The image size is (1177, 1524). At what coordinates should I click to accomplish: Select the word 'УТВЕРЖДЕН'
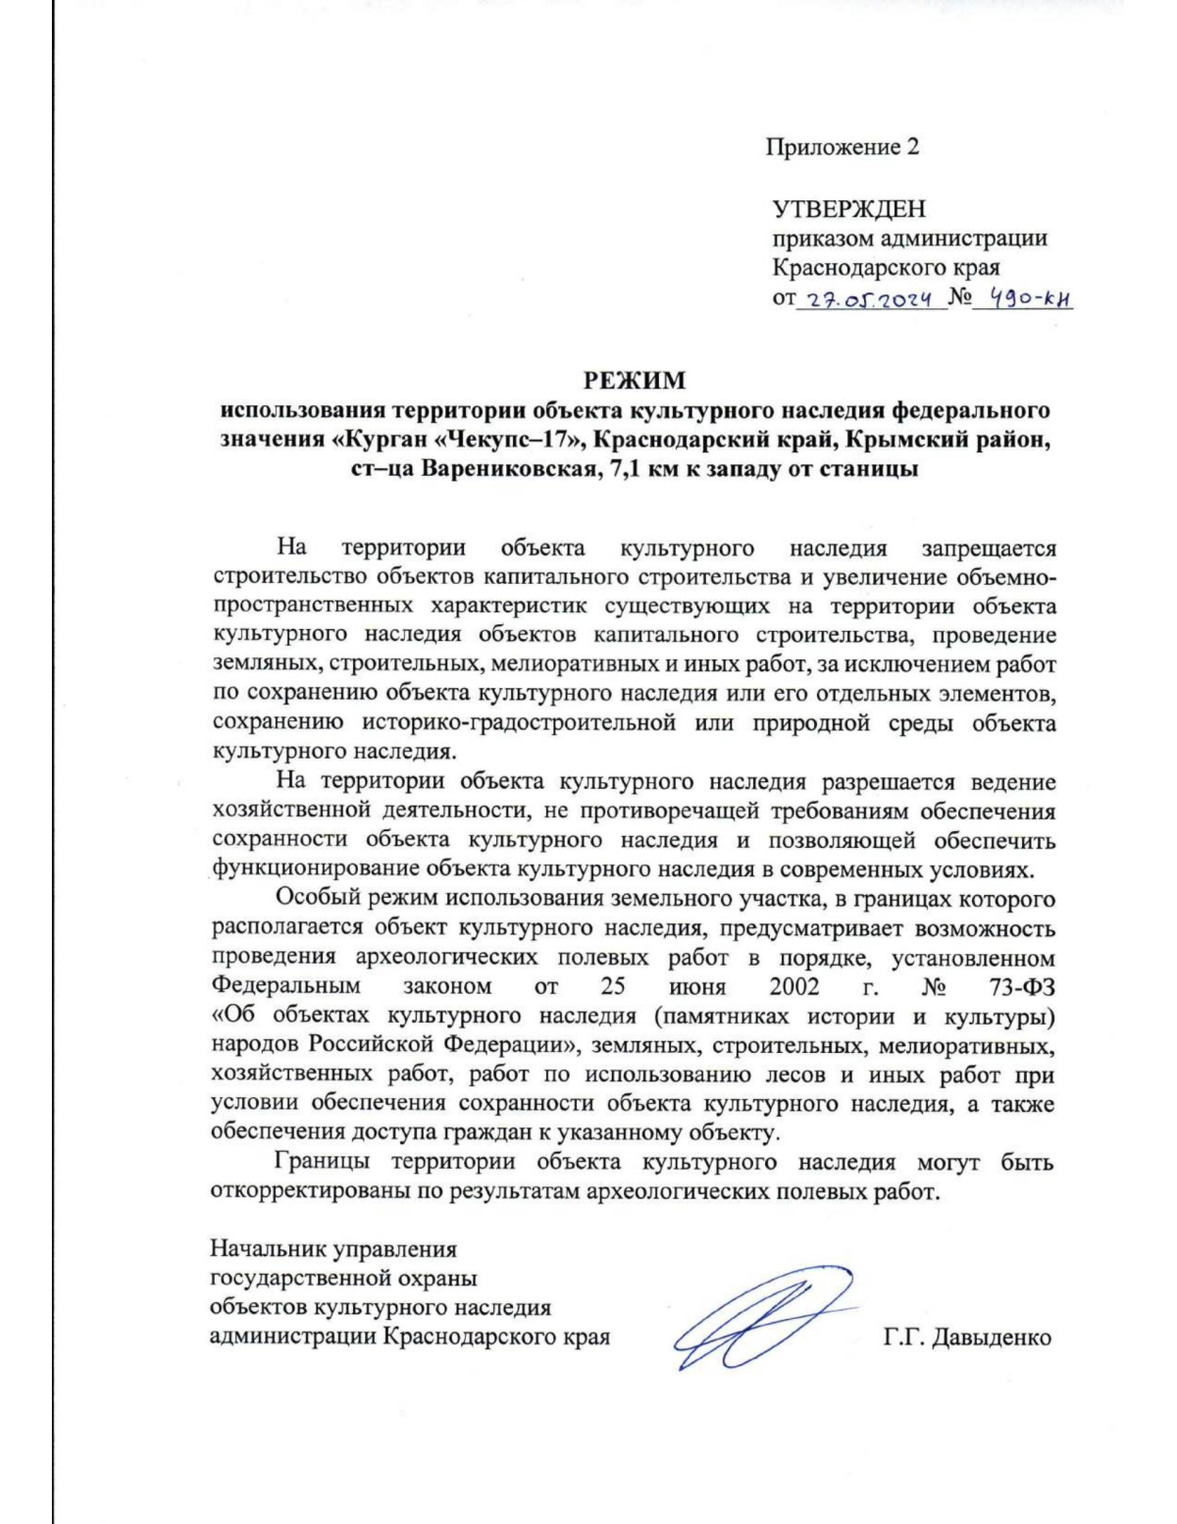(848, 209)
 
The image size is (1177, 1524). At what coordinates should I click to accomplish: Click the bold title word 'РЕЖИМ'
(635, 380)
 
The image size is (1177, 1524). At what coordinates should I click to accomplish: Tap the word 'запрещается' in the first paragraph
(988, 548)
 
